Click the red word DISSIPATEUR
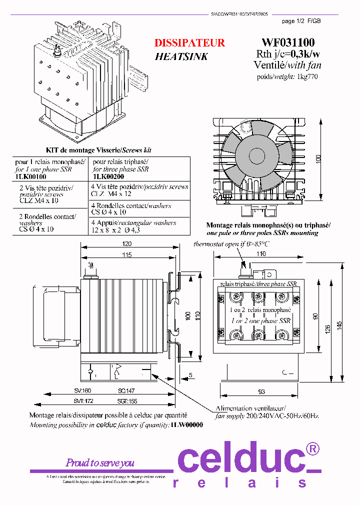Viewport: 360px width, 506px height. [x=189, y=43]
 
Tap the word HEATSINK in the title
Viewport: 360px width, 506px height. [x=181, y=56]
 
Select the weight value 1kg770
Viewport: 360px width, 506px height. [x=307, y=76]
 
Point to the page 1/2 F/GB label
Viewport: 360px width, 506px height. [x=301, y=21]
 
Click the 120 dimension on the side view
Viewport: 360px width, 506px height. [x=126, y=243]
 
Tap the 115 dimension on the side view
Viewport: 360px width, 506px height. [x=126, y=255]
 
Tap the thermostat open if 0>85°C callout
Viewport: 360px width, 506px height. [x=231, y=243]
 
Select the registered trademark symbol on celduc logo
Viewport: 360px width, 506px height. [x=312, y=449]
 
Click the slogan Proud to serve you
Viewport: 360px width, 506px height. [x=100, y=462]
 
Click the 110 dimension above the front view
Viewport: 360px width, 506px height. [x=260, y=254]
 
